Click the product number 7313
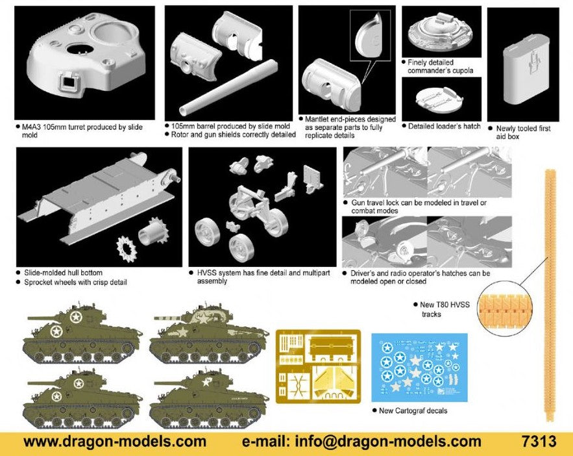pyautogui.click(x=539, y=440)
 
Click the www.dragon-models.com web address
pyautogui.click(x=115, y=441)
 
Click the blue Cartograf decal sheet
pyautogui.click(x=419, y=367)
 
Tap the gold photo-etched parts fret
pyautogui.click(x=318, y=366)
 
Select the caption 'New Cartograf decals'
pyautogui.click(x=413, y=411)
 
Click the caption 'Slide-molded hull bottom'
pyautogui.click(x=63, y=272)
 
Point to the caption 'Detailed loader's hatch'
pyautogui.click(x=444, y=126)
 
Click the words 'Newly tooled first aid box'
pyautogui.click(x=523, y=133)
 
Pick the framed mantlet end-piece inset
pyautogui.click(x=370, y=36)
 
